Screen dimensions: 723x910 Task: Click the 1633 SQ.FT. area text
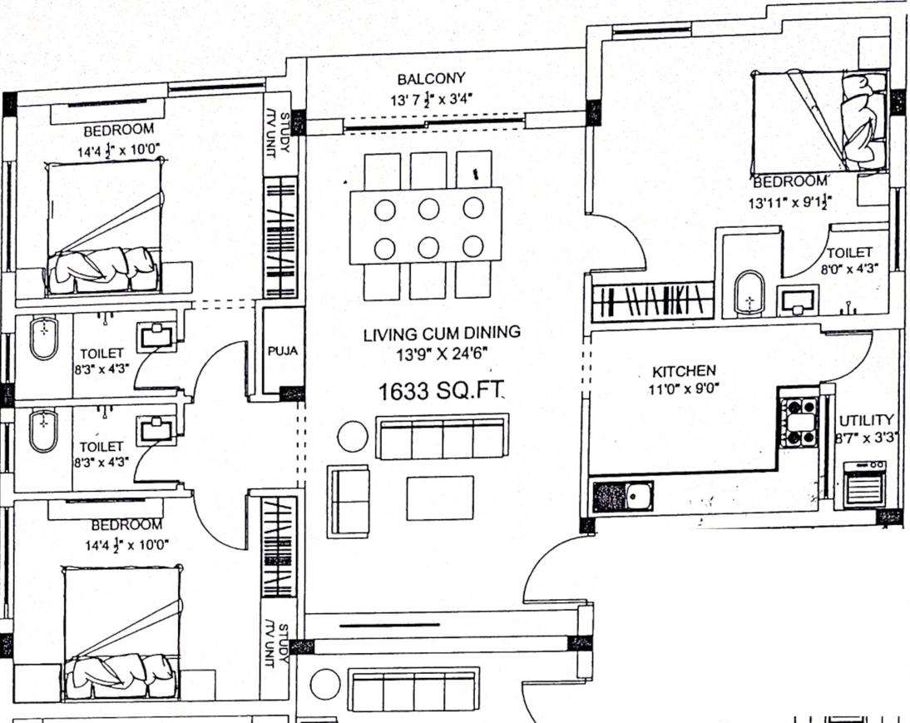442,392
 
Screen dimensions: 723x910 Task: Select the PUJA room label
282,352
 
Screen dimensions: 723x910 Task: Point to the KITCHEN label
684,370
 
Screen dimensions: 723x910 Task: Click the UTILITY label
866,420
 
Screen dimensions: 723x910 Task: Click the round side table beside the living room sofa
353,436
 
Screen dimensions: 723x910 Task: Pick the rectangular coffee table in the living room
440,498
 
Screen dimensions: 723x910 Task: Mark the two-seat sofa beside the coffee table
349,500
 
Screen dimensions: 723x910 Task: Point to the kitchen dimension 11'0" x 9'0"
684,387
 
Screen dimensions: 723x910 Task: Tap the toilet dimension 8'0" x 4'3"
848,269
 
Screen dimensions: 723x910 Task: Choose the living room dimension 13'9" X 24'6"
442,353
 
